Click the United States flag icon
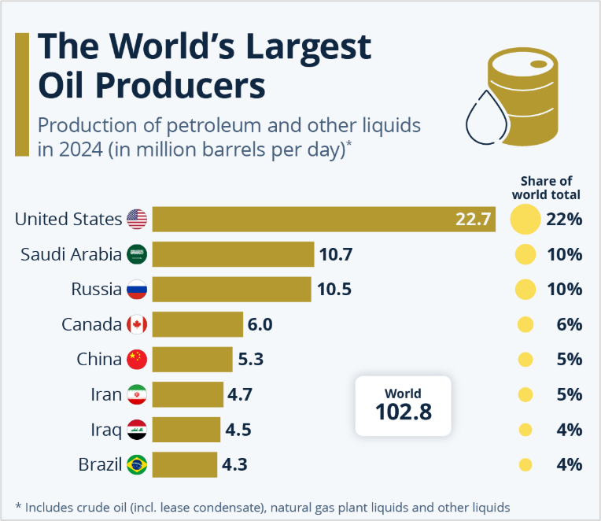point(137,219)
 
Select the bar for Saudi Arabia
point(233,254)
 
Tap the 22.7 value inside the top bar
point(474,219)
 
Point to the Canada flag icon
point(137,324)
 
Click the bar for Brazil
point(184,464)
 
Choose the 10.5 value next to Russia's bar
point(334,289)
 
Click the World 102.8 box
point(404,405)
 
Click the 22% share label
point(564,219)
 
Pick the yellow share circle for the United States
point(525,219)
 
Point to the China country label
point(99,359)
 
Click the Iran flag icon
point(137,394)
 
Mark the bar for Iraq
point(186,430)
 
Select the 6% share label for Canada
point(569,324)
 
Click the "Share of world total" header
point(546,187)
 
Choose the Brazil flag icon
point(137,464)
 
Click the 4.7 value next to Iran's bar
point(239,394)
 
